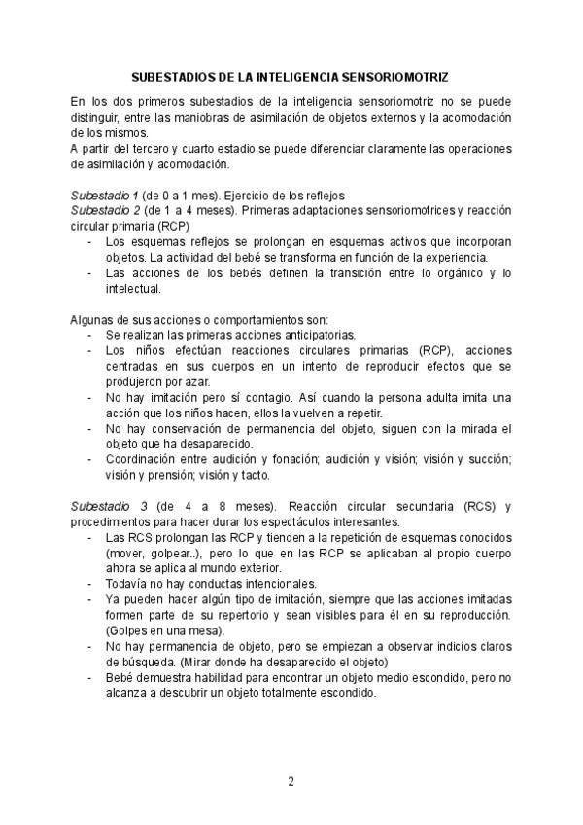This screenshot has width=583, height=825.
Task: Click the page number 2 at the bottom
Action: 291,781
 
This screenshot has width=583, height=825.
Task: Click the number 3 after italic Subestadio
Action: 144,507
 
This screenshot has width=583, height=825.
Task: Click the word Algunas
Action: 93,320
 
